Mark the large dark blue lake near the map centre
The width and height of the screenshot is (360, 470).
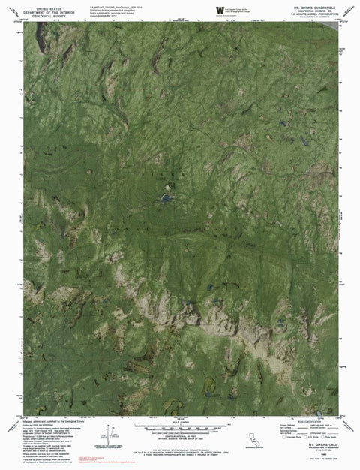click(x=163, y=199)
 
